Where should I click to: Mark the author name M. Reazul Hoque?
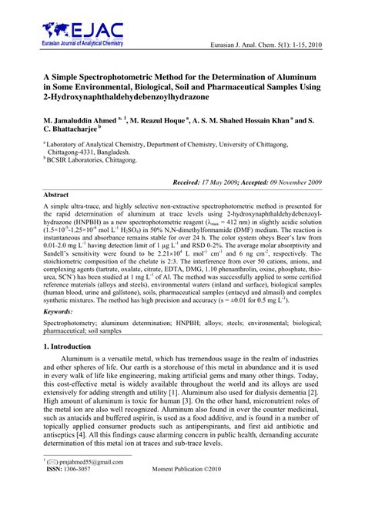click(165, 122)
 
